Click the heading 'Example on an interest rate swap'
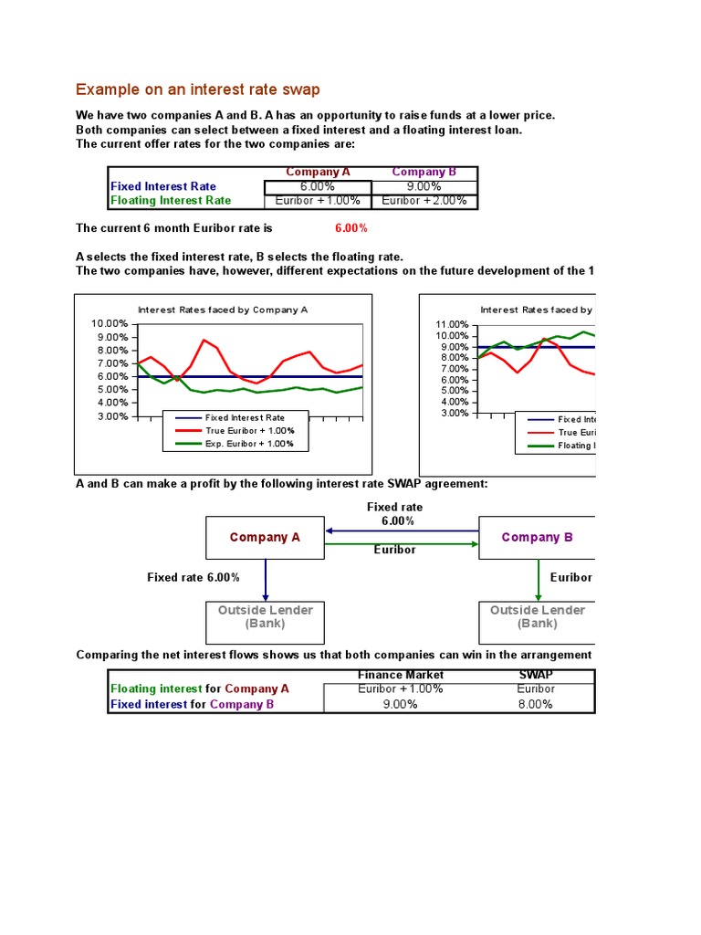[x=198, y=89]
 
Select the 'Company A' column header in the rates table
[x=318, y=172]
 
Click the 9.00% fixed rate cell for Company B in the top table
[x=424, y=186]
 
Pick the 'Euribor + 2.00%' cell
[x=424, y=201]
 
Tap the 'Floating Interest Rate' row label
[x=171, y=201]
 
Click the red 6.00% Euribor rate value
[x=351, y=228]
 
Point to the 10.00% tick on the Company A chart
[x=110, y=324]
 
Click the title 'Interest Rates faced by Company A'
[x=223, y=310]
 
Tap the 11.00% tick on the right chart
[x=453, y=325]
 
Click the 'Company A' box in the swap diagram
[x=265, y=538]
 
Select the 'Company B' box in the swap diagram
[x=537, y=538]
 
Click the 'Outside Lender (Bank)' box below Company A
[x=265, y=617]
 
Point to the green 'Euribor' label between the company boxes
[x=395, y=551]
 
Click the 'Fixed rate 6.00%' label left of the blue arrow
[x=194, y=578]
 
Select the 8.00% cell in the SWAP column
[x=535, y=705]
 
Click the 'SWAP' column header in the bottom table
[x=535, y=675]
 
